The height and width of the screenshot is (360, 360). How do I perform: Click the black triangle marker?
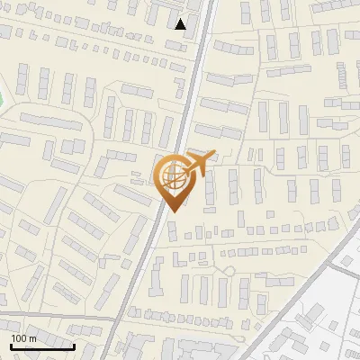[181, 24]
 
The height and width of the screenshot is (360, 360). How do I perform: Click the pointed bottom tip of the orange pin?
[172, 211]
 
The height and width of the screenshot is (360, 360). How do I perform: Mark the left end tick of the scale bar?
[11, 346]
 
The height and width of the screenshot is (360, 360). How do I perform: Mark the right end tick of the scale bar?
[75, 346]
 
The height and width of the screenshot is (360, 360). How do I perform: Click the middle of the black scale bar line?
[42, 347]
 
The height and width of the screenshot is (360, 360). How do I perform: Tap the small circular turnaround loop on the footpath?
[229, 269]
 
